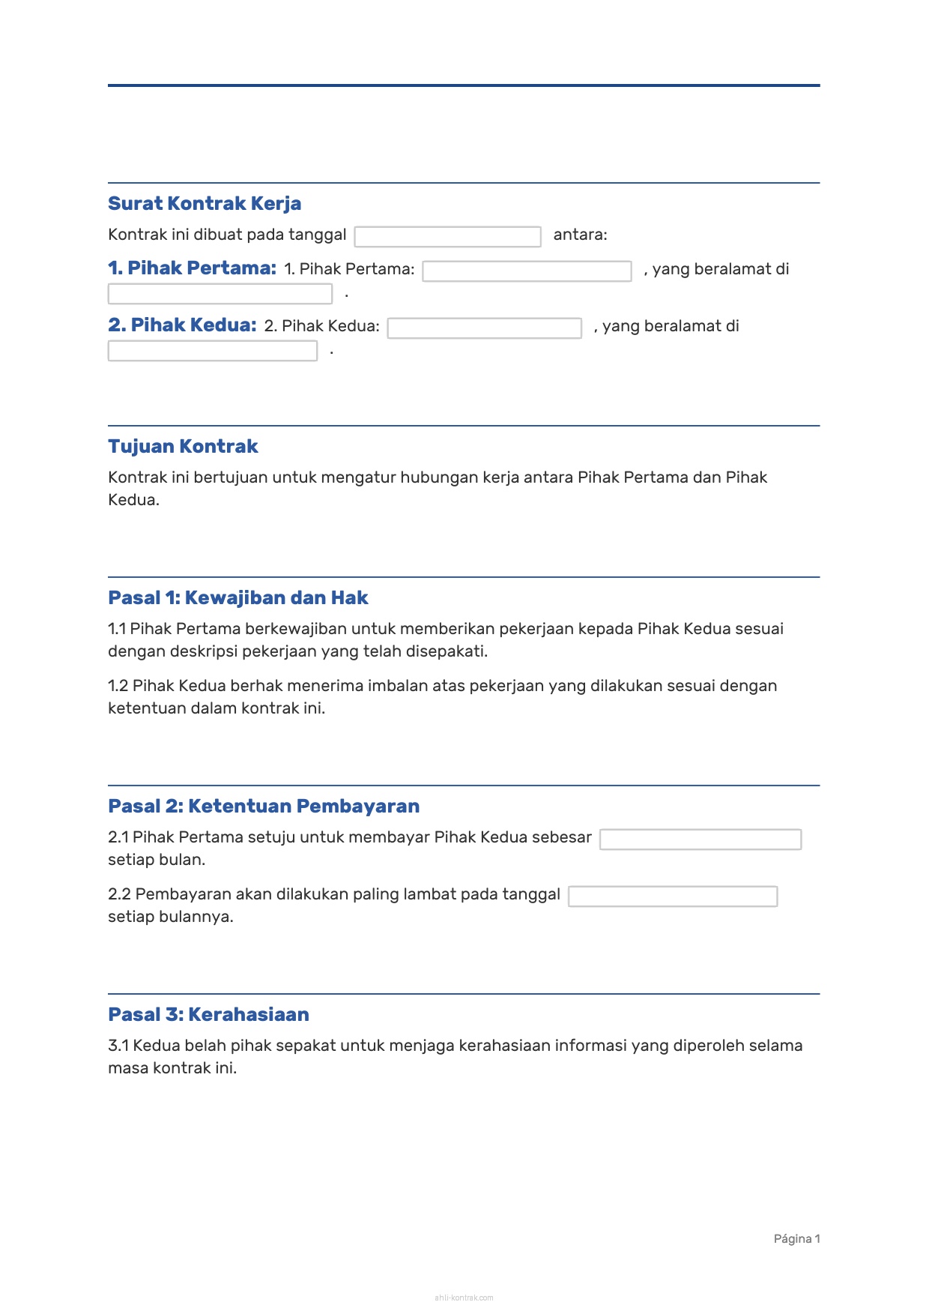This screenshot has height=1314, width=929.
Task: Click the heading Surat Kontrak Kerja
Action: (205, 204)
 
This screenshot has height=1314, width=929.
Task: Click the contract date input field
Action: (447, 237)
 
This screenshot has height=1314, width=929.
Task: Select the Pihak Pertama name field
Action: (527, 271)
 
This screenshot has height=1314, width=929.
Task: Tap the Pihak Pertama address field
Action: (220, 294)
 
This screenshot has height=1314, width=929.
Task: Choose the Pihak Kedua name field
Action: (484, 328)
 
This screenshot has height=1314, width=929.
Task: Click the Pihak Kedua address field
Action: (212, 351)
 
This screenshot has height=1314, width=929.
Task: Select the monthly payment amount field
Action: (700, 840)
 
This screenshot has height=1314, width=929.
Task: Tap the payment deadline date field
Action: (672, 896)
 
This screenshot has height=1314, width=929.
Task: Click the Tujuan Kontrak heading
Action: (183, 447)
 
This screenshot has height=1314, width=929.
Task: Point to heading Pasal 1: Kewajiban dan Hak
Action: (238, 598)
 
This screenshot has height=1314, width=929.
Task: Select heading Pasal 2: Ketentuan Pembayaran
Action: (264, 807)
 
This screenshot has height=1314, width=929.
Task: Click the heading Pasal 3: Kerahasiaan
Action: (208, 1015)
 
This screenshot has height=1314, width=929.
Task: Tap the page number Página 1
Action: (796, 1239)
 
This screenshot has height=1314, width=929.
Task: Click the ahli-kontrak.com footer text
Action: (464, 1298)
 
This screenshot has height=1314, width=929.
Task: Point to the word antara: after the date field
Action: (580, 235)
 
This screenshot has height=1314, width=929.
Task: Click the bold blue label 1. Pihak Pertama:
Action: (192, 268)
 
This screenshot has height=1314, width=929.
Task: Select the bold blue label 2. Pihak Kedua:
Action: (182, 325)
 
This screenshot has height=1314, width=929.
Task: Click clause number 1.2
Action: (118, 686)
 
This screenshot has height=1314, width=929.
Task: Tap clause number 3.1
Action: (118, 1046)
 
